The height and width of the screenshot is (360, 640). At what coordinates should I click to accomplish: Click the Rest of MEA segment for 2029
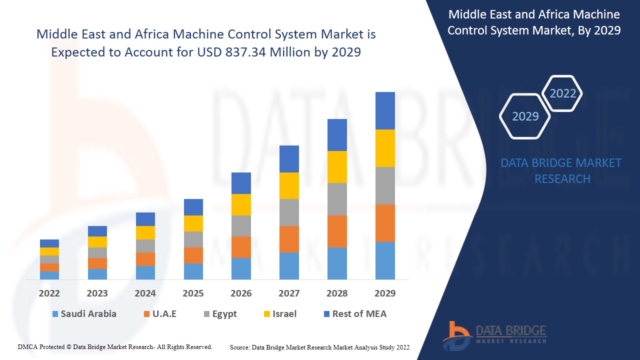385,110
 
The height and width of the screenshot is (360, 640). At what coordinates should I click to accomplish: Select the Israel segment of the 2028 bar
337,167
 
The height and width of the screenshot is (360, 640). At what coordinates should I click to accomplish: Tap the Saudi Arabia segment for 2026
241,268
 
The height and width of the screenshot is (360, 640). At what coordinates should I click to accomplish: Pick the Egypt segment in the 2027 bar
289,212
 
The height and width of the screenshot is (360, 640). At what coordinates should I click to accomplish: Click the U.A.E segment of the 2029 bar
385,223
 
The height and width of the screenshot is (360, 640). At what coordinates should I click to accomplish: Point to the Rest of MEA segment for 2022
49,243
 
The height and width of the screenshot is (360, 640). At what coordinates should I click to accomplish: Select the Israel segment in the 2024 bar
145,232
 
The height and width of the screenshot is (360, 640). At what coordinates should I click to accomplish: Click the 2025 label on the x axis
193,293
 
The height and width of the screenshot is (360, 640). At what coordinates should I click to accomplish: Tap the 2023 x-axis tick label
97,293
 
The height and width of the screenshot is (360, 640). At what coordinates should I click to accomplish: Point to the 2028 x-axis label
337,293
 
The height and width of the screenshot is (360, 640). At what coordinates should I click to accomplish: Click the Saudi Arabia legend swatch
55,314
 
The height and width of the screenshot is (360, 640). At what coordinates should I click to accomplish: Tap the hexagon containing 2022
562,93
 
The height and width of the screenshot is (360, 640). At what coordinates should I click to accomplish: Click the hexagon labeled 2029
525,116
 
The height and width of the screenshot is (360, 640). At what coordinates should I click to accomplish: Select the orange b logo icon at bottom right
456,335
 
